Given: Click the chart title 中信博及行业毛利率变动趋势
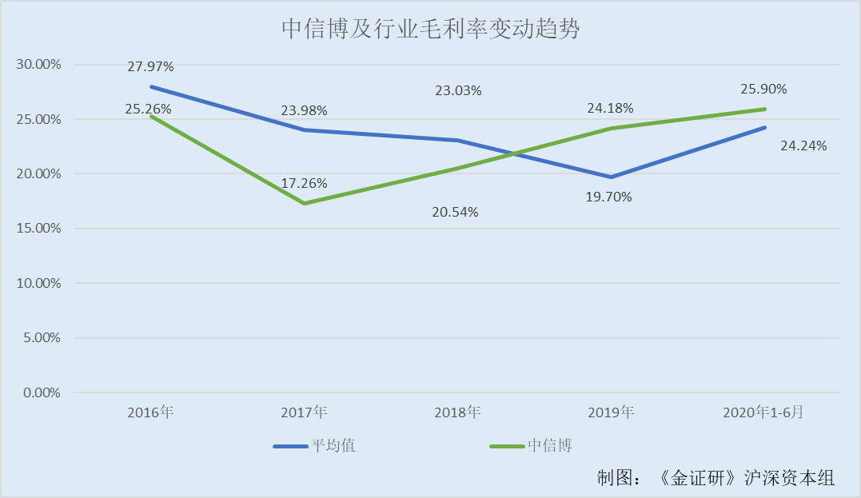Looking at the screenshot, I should coord(429,30).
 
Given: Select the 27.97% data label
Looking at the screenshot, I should coord(150,66).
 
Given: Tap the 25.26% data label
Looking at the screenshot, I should coord(148,109).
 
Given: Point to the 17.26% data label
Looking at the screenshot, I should coord(304,183).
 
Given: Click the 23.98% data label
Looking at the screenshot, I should coord(304,110).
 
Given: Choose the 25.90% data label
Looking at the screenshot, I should coord(764,89).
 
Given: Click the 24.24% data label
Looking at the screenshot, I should coord(803,145).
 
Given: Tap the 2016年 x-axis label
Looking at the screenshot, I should coord(150,412).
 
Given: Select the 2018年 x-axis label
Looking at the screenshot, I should coord(457,412).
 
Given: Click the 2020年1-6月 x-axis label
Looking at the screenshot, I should coord(763,412).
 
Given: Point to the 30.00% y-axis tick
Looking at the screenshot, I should coord(39,64).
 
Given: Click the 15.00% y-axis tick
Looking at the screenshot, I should coord(39,228).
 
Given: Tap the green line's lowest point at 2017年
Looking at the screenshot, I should coord(304,203).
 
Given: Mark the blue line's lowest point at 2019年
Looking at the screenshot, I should coord(611,177).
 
